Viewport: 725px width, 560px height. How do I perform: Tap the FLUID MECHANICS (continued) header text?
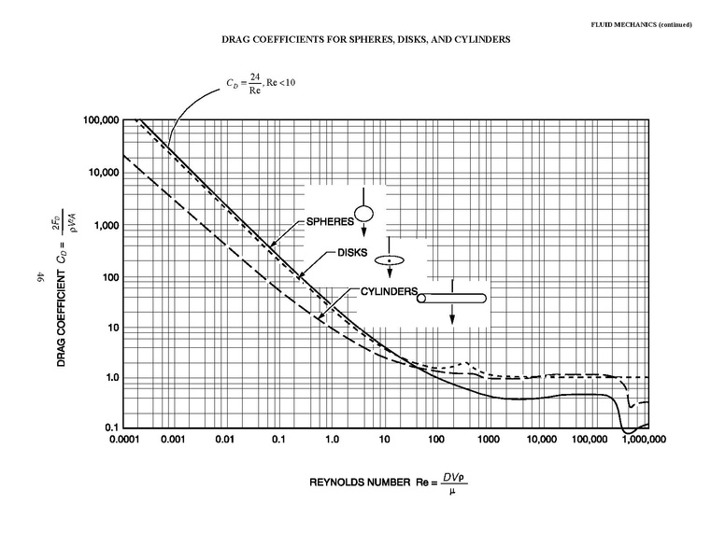(644, 24)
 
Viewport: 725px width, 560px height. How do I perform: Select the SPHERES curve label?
(329, 222)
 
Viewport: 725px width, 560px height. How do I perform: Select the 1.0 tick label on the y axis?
(109, 378)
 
